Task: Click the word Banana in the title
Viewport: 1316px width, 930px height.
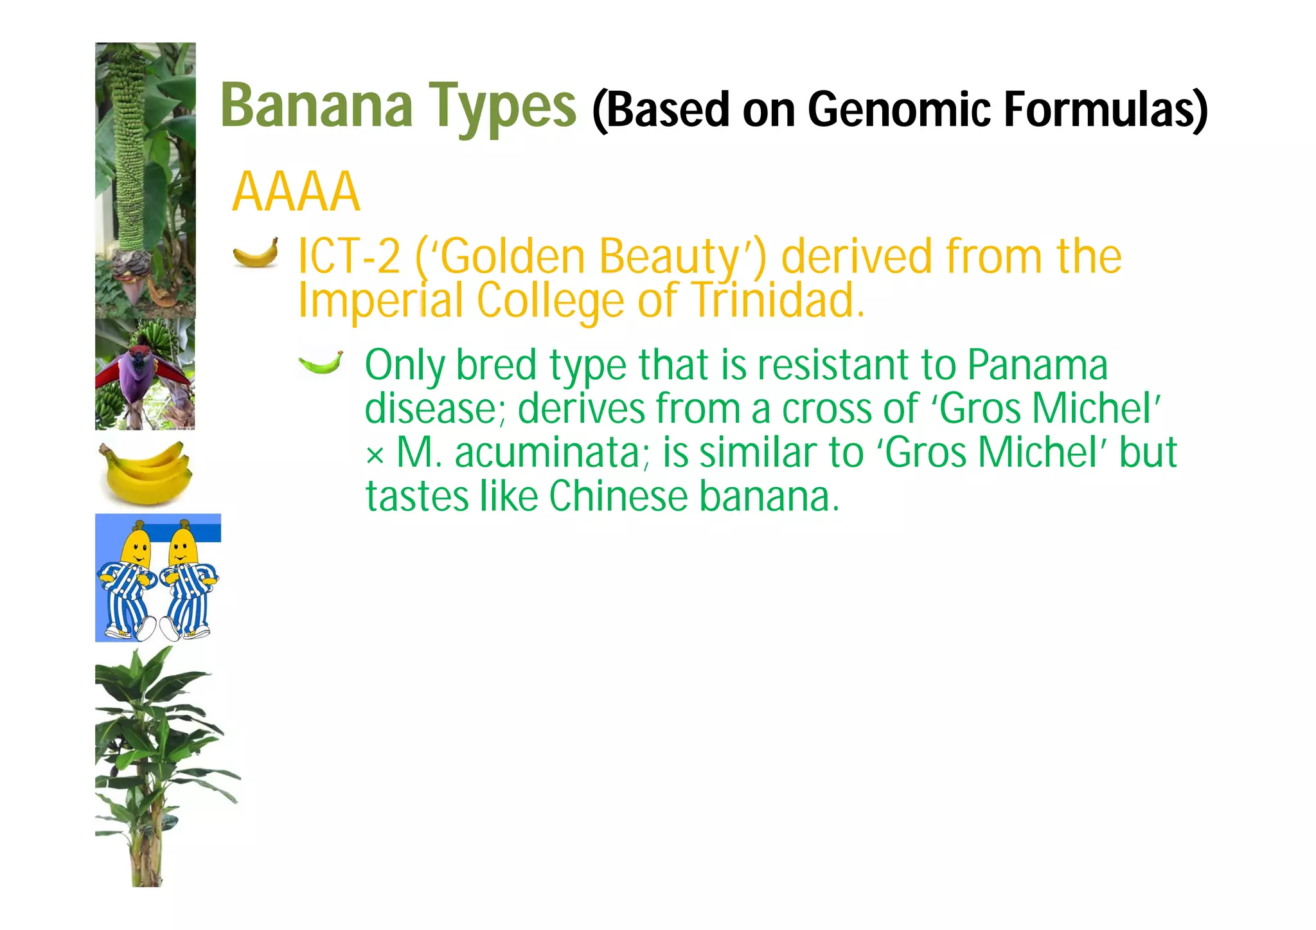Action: click(316, 105)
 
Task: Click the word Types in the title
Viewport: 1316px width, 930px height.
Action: click(503, 108)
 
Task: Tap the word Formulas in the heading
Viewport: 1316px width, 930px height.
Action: click(1105, 109)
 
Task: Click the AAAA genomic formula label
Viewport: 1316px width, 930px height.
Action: click(296, 192)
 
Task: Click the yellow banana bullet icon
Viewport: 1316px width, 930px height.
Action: click(256, 253)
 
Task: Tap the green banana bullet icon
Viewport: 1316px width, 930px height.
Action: click(321, 363)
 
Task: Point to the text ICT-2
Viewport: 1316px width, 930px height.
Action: click(349, 256)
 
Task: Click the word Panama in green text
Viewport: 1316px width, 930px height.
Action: click(1037, 365)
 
